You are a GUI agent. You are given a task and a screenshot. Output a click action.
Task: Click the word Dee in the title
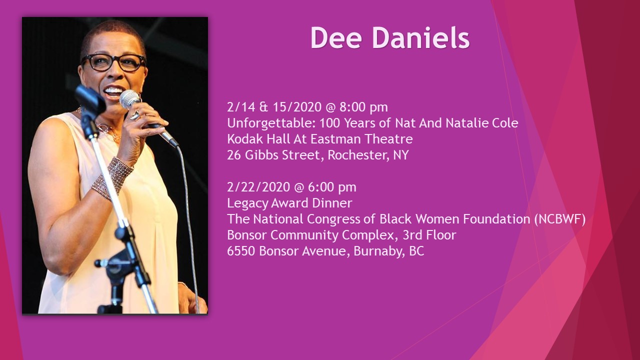pos(336,37)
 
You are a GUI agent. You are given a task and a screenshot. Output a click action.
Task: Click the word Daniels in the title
pos(421,37)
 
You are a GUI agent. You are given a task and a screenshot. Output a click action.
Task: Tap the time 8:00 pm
pos(363,107)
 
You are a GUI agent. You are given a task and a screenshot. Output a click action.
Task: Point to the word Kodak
pos(245,139)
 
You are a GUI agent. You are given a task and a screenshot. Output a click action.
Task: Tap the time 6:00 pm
pos(332,187)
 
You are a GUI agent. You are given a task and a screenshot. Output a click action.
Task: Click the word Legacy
pos(247,203)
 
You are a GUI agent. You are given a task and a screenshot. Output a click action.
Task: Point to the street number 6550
pos(241,251)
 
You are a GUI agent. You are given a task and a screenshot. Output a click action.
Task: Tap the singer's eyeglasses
pos(113,62)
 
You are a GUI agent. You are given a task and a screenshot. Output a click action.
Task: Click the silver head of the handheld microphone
pos(129,99)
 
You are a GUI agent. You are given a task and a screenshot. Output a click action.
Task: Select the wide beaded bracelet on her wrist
pos(112,178)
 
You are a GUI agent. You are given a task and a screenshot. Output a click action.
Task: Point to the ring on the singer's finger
pos(134,115)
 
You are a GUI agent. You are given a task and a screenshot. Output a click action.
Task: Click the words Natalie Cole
pos(482,123)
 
